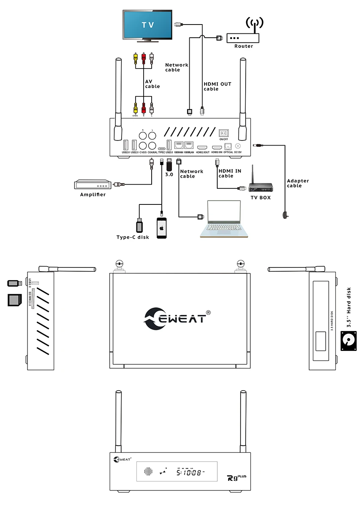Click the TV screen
tap(148, 25)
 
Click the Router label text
tap(244, 46)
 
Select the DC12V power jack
tap(238, 146)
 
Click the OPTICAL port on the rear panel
tap(228, 146)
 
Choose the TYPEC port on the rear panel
tap(162, 149)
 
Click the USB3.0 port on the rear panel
tap(169, 144)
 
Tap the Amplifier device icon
tap(93, 185)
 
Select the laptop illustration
tap(223, 220)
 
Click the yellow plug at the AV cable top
tap(136, 57)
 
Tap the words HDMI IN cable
tap(229, 173)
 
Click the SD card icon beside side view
tap(14, 300)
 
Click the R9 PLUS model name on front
tap(233, 478)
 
